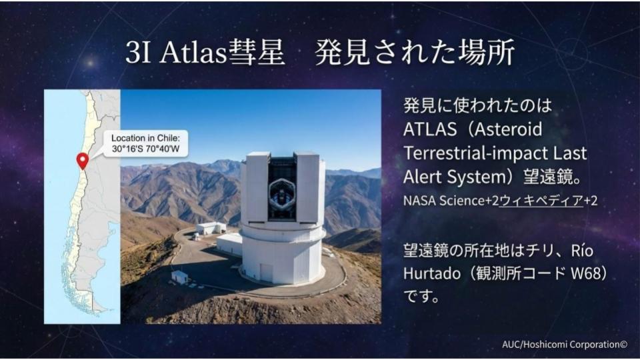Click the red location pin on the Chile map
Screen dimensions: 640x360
click(83, 161)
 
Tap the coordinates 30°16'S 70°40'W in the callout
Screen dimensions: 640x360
click(146, 149)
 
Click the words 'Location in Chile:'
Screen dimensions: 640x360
click(146, 138)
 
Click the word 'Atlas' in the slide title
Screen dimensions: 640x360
click(193, 53)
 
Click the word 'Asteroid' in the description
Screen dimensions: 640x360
click(508, 129)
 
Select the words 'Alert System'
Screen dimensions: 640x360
click(455, 177)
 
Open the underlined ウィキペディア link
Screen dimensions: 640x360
click(541, 201)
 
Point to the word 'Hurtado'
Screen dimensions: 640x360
click(432, 273)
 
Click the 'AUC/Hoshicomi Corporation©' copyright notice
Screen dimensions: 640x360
click(565, 345)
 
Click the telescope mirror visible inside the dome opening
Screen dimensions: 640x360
click(281, 191)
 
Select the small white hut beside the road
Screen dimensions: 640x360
click(179, 277)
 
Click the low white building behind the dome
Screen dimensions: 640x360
click(211, 228)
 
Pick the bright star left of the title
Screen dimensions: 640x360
click(90, 63)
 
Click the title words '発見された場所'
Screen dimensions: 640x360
click(415, 53)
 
